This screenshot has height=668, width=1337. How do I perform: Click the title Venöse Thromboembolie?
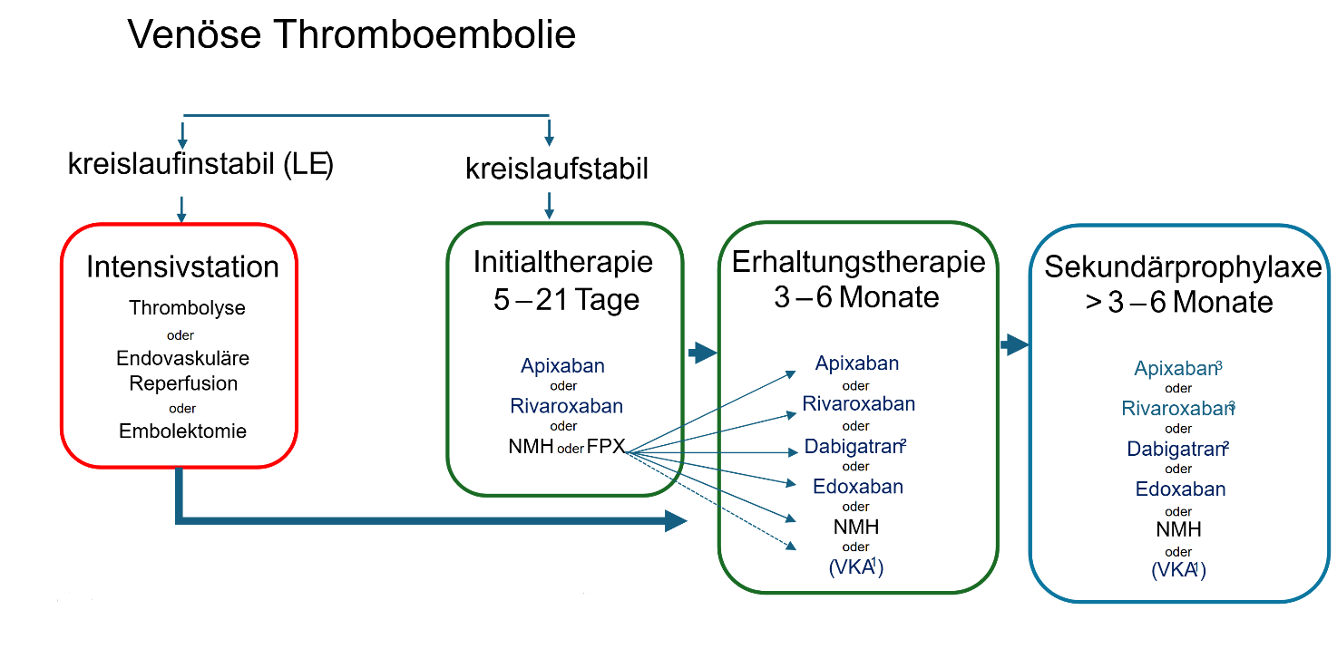[x=351, y=35]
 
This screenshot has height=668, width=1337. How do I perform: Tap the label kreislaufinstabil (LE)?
[x=200, y=165]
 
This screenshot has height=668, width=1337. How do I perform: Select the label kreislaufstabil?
[x=557, y=169]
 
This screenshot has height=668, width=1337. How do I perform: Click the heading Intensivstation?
[x=182, y=267]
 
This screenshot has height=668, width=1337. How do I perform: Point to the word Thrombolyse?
[x=187, y=308]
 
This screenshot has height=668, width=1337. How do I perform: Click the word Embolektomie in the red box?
[x=182, y=431]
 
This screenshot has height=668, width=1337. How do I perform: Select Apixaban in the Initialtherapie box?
[x=562, y=366]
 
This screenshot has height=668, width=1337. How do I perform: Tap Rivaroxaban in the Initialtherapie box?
[x=566, y=406]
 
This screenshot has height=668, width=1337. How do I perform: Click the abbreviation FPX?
[x=606, y=446]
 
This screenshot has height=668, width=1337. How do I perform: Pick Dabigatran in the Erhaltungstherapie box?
[x=853, y=446]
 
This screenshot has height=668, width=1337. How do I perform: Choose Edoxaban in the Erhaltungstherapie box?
[x=858, y=487]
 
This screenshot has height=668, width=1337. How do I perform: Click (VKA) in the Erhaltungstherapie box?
[x=856, y=567]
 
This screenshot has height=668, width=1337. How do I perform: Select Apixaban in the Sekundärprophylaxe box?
[x=1176, y=369]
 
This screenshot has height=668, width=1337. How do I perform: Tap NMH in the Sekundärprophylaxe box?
[x=1178, y=529]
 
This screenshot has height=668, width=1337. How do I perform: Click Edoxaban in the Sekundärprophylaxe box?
[x=1180, y=489]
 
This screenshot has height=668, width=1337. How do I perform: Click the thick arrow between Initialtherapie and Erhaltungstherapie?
[x=702, y=353]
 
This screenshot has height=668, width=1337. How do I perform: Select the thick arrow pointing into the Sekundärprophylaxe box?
[x=1014, y=344]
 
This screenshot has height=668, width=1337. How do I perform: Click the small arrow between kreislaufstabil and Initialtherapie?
[x=549, y=207]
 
